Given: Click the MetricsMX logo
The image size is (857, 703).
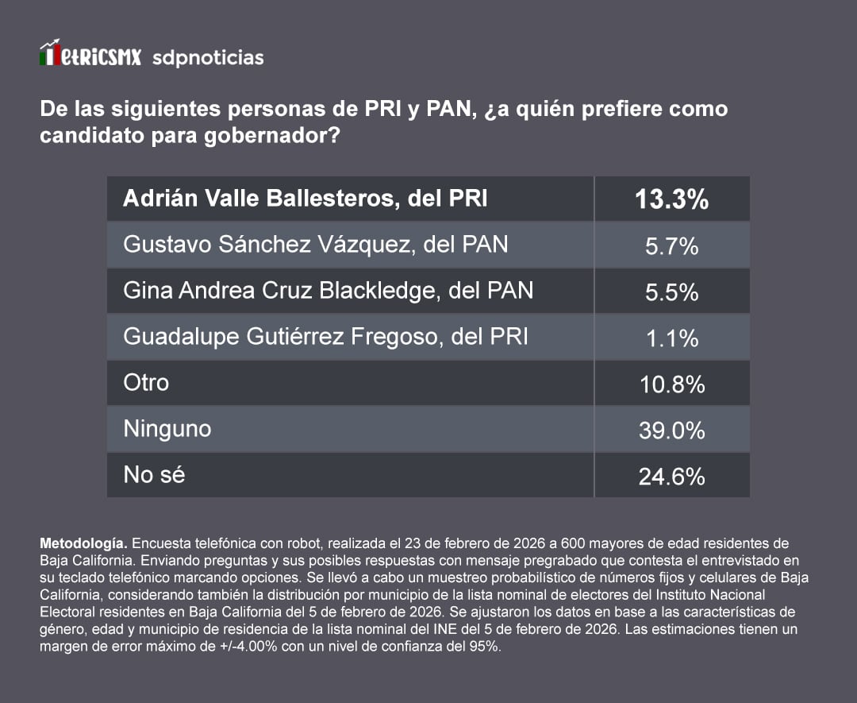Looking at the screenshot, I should point(90,56).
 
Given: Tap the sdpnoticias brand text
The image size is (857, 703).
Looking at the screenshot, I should point(208,58).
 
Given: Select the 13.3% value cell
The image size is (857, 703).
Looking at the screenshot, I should point(671,199).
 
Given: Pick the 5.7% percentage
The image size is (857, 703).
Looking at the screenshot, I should point(671,246).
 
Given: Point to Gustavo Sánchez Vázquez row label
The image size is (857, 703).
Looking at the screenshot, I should point(315,244).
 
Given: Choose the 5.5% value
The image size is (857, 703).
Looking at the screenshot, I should point(671,292).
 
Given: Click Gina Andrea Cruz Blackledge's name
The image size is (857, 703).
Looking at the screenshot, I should point(328,291).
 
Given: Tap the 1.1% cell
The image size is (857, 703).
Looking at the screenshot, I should point(671,338).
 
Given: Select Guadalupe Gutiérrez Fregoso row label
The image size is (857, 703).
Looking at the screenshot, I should point(325,337).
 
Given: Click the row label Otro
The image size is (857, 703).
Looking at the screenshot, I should point(146,382).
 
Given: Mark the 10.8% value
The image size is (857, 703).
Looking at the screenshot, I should point(671,384).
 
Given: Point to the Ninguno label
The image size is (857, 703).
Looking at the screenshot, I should point(167,429).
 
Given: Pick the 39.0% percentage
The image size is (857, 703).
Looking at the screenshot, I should point(671,431).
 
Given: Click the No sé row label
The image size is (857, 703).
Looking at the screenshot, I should point(154,475).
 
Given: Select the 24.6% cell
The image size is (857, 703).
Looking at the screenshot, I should point(671,477).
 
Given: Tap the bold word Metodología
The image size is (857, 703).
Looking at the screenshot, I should point(83,544).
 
